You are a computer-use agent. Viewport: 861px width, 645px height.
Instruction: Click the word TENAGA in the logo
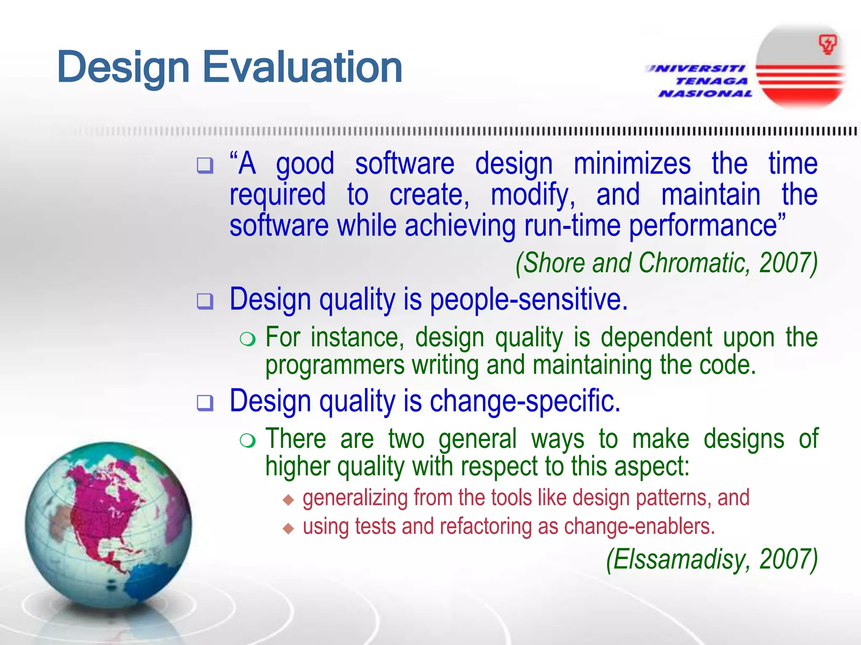[711, 81]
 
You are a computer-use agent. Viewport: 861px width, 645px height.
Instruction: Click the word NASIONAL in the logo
[705, 93]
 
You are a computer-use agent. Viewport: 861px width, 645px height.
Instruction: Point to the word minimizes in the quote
[632, 164]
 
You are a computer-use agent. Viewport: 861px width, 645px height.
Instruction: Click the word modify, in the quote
[533, 195]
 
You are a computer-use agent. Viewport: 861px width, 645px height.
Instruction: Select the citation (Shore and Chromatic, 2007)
[666, 263]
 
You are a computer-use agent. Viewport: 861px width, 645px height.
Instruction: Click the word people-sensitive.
[528, 299]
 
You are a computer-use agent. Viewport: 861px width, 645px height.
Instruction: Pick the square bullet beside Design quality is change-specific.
[205, 403]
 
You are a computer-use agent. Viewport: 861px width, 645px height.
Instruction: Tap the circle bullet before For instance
[248, 338]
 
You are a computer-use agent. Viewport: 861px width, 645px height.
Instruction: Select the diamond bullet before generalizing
[288, 499]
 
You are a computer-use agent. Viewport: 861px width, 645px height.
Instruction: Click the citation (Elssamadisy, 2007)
[712, 560]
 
